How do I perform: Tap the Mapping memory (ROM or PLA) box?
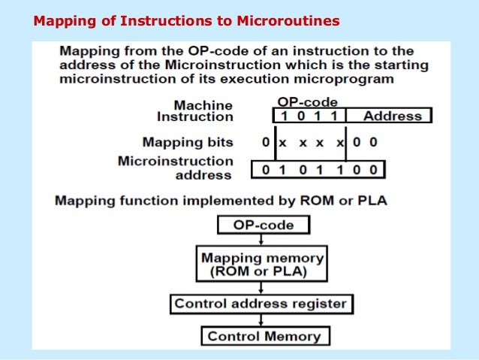(x=262, y=264)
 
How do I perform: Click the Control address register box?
(x=261, y=304)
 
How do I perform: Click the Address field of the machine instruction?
(x=392, y=116)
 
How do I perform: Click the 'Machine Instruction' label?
(x=194, y=110)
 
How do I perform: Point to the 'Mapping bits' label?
(x=188, y=141)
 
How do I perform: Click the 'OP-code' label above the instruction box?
(x=307, y=101)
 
